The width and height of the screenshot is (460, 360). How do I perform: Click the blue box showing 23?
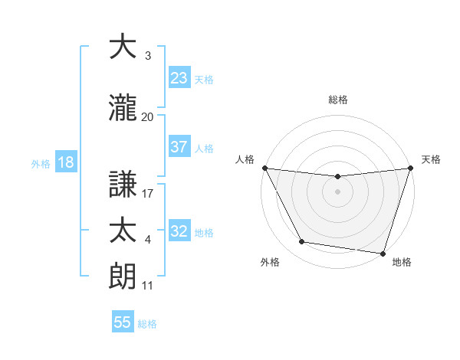tap(179, 78)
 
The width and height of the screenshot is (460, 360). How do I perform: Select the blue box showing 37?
tap(179, 147)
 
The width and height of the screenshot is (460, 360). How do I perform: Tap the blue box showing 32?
tap(179, 231)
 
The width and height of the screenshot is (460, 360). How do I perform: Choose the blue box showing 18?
tap(64, 162)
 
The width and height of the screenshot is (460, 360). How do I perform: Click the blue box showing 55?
tap(123, 322)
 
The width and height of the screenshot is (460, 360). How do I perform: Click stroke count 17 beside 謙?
tap(148, 195)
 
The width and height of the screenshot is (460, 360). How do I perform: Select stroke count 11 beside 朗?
tap(148, 286)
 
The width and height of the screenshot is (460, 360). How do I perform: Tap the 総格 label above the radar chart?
tap(338, 100)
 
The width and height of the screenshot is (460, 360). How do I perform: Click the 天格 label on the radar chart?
tap(431, 159)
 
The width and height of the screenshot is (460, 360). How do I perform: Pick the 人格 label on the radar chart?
tap(245, 159)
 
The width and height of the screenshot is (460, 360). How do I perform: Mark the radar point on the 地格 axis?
tap(383, 253)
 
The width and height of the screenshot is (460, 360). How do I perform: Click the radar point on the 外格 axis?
tap(302, 242)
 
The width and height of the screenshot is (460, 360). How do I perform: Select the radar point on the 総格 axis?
tap(337, 177)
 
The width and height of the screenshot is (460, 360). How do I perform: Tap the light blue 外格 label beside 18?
tap(40, 163)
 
